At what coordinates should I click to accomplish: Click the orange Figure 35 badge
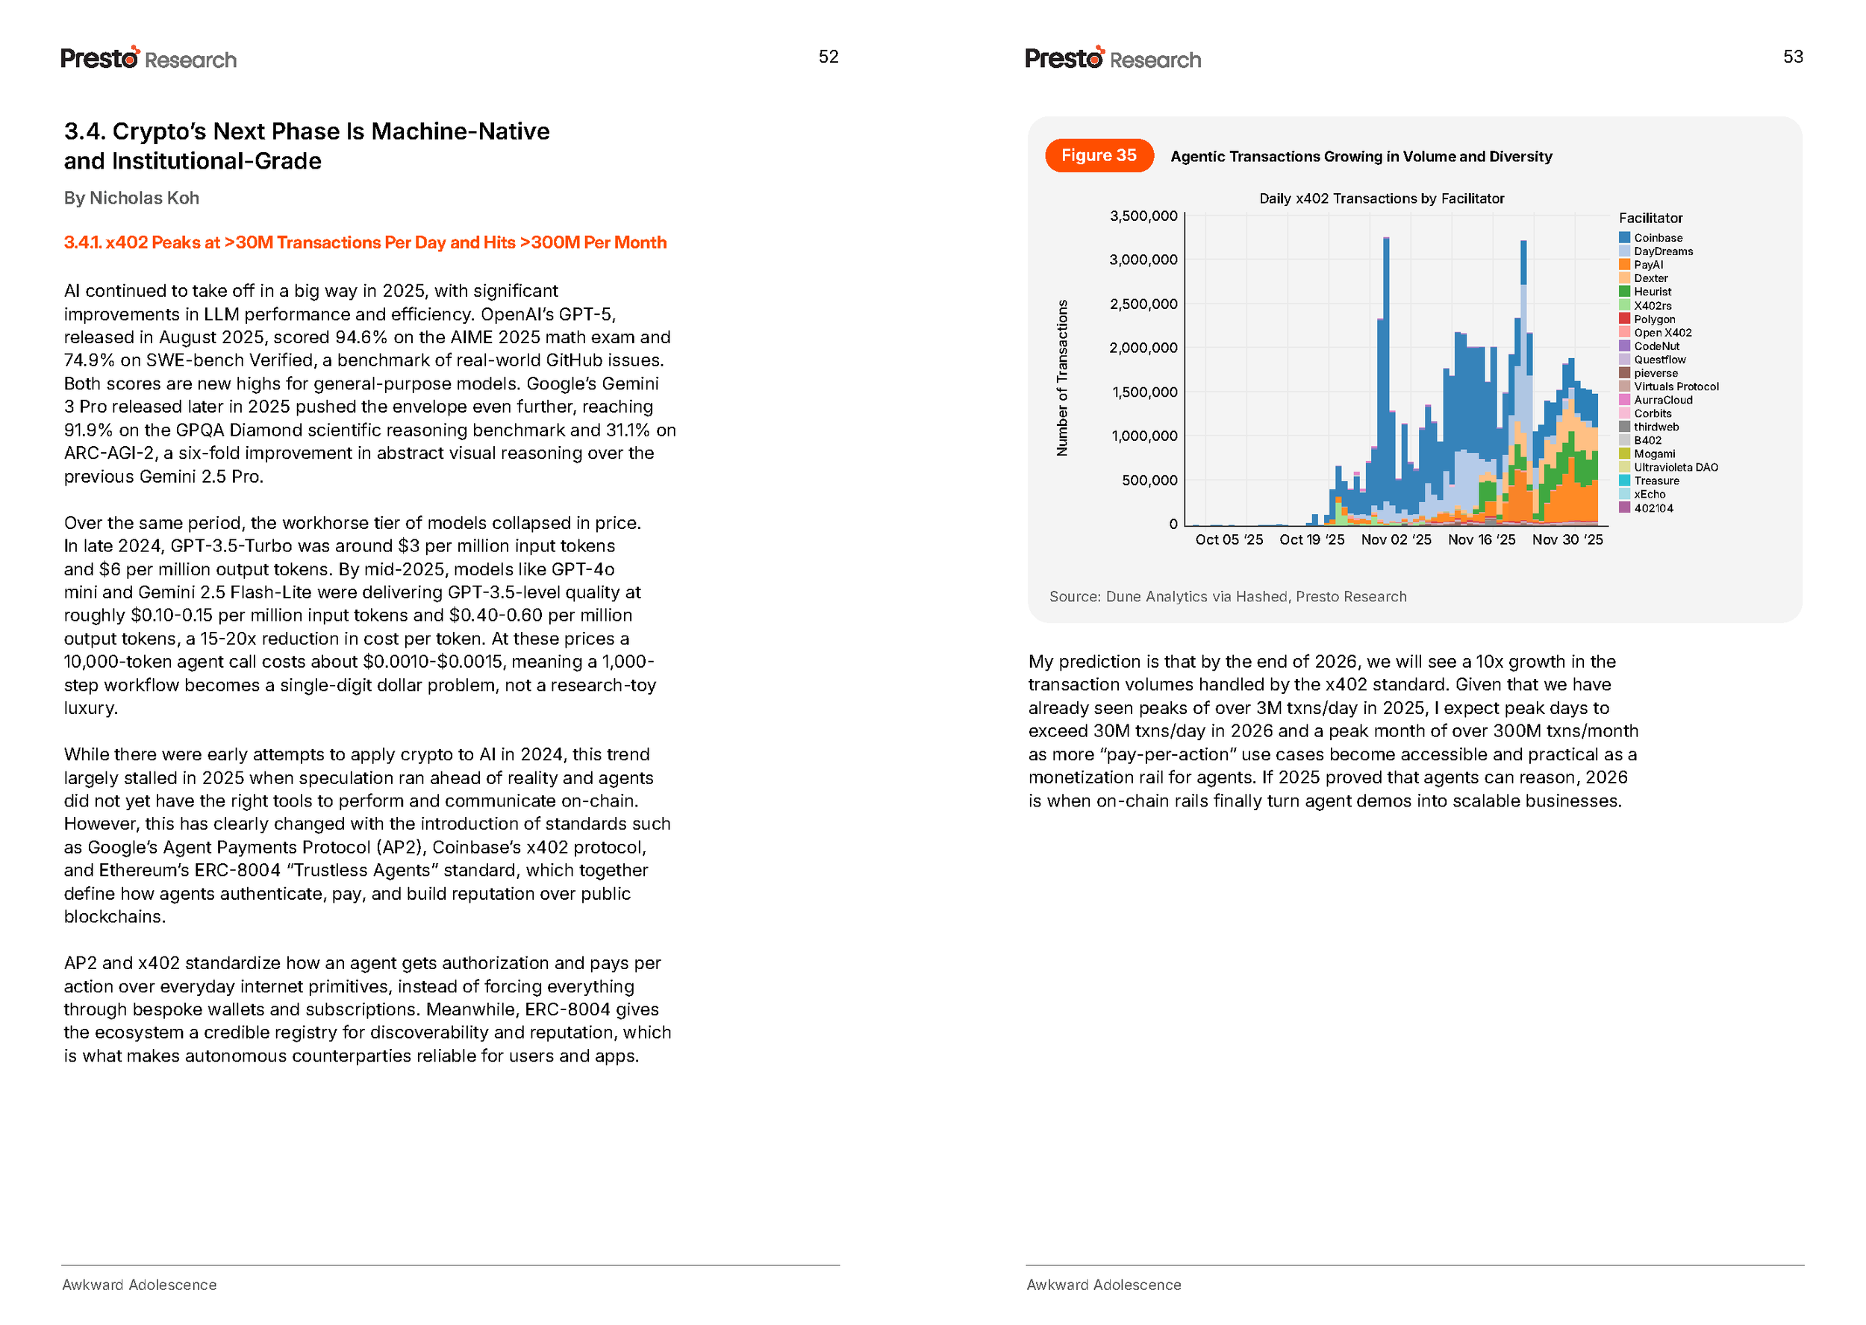point(1098,156)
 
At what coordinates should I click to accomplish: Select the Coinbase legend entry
point(1656,238)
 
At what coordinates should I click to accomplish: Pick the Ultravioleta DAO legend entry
point(1674,468)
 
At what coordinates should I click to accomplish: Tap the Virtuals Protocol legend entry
point(1675,386)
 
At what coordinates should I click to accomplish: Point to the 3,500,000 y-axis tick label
point(1142,216)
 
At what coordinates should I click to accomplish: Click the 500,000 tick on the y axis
point(1149,480)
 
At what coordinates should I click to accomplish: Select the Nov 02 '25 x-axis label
point(1395,540)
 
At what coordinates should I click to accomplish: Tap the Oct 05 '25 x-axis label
point(1228,540)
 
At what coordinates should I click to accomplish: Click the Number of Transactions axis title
point(1061,378)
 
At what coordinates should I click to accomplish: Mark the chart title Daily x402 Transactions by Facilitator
point(1380,199)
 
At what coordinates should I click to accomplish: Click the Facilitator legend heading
point(1650,219)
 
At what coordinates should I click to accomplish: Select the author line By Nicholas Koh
point(131,198)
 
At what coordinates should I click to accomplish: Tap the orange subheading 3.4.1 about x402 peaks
point(365,243)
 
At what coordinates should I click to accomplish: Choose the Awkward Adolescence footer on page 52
point(140,1285)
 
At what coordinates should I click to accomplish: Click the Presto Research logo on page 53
point(1112,59)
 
